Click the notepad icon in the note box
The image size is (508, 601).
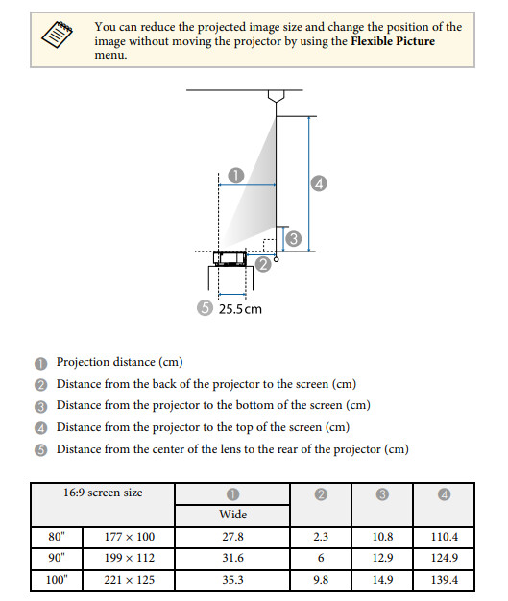pyautogui.click(x=57, y=35)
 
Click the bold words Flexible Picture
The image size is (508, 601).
pyautogui.click(x=393, y=41)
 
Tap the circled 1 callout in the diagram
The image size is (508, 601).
pyautogui.click(x=236, y=176)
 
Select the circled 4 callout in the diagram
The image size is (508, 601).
pyautogui.click(x=319, y=183)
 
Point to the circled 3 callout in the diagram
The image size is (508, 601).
pyautogui.click(x=294, y=238)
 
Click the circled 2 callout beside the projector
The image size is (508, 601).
pyautogui.click(x=263, y=264)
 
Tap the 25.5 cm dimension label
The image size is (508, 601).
pyautogui.click(x=240, y=309)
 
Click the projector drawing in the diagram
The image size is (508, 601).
pyautogui.click(x=230, y=258)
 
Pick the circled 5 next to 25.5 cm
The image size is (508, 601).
pyautogui.click(x=205, y=308)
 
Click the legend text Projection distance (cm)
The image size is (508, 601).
pyautogui.click(x=120, y=362)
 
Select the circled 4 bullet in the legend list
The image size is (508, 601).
pyautogui.click(x=41, y=428)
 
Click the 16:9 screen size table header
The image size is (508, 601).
pyautogui.click(x=103, y=493)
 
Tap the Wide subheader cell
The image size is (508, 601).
pyautogui.click(x=232, y=515)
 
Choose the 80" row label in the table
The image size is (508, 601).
pyautogui.click(x=57, y=537)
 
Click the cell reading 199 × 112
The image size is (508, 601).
pyautogui.click(x=130, y=558)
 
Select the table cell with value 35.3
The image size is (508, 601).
pyautogui.click(x=232, y=580)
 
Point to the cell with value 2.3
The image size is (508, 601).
pyautogui.click(x=321, y=537)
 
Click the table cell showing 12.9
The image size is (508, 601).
pyautogui.click(x=382, y=558)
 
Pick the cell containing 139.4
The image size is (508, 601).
pyautogui.click(x=444, y=580)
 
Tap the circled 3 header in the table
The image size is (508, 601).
pyautogui.click(x=382, y=494)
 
